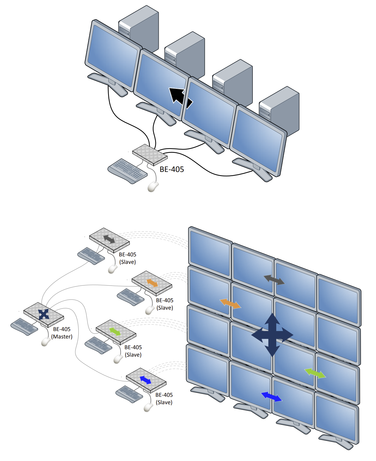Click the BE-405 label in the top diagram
point(172,169)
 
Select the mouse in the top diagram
point(153,187)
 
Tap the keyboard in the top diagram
point(127,171)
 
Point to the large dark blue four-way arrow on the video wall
point(272,335)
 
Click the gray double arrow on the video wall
point(274,280)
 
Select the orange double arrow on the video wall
point(230,304)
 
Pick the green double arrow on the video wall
point(315,373)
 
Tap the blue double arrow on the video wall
point(271,396)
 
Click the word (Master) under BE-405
point(62,337)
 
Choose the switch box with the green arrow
point(116,332)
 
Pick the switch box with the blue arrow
point(146,380)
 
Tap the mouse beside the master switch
point(46,342)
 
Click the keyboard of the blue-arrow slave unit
point(129,394)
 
